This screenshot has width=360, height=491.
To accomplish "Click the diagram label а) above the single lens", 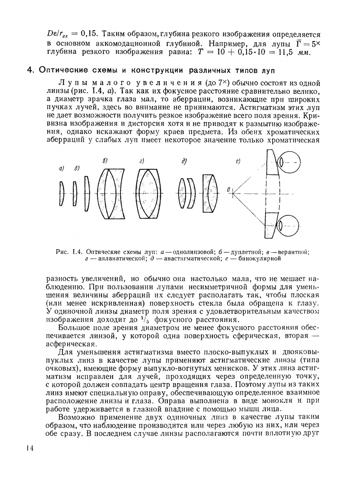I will coord(61,168).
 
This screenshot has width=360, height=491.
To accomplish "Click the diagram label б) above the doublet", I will coord(77,168).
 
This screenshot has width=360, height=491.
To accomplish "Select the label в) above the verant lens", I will coord(105,160).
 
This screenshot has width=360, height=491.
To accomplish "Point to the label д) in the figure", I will coord(184,162).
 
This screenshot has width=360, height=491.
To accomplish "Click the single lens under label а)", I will coord(62,193).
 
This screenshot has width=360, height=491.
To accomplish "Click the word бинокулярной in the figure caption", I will coord(260,258).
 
